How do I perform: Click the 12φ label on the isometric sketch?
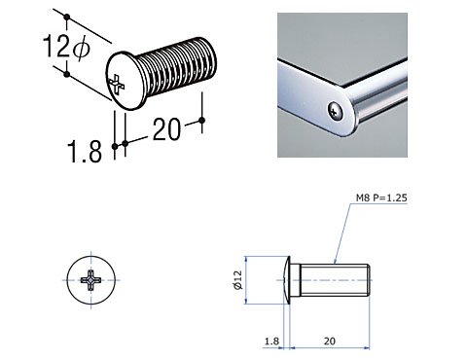[66, 46]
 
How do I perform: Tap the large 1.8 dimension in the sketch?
[85, 152]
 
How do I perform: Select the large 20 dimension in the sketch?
[166, 129]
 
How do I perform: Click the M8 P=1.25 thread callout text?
[381, 198]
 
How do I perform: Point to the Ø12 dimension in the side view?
[238, 280]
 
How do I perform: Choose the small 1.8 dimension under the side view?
[271, 342]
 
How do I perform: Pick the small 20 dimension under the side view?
[329, 342]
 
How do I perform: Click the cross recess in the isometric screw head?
[117, 85]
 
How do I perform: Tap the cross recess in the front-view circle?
[91, 280]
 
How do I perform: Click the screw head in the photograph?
[336, 111]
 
